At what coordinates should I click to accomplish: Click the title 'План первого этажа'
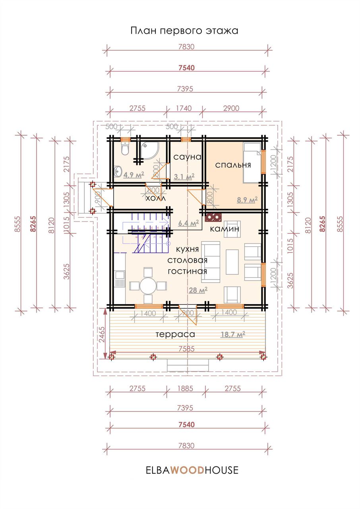click(x=184, y=31)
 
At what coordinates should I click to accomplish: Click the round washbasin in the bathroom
click(x=118, y=171)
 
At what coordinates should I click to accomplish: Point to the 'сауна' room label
click(x=188, y=157)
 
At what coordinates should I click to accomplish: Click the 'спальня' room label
click(x=233, y=165)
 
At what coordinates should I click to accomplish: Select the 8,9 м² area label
click(x=247, y=200)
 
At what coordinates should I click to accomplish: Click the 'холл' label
click(x=155, y=198)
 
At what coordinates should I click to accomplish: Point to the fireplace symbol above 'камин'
click(x=213, y=217)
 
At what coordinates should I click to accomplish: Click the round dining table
click(x=148, y=286)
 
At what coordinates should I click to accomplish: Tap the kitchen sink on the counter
click(x=119, y=278)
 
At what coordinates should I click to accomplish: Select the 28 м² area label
click(x=198, y=290)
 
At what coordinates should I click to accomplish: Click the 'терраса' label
click(x=175, y=334)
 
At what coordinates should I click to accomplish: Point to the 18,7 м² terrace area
click(x=233, y=334)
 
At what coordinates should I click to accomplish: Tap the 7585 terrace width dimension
click(x=186, y=349)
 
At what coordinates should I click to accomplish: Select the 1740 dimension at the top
click(x=184, y=108)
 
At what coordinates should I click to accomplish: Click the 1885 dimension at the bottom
click(x=185, y=389)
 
